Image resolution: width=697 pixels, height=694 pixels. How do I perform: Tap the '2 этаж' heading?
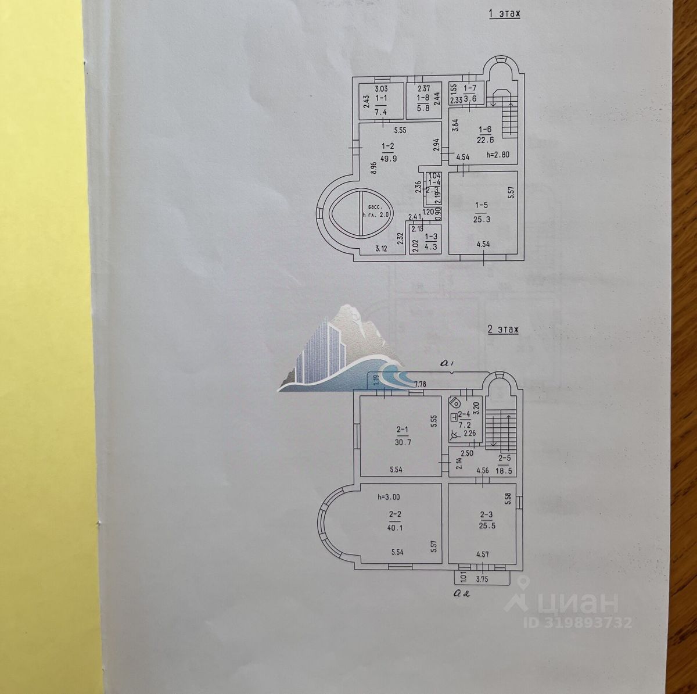(503, 330)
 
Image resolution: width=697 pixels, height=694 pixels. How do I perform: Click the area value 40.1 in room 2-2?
(395, 528)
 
